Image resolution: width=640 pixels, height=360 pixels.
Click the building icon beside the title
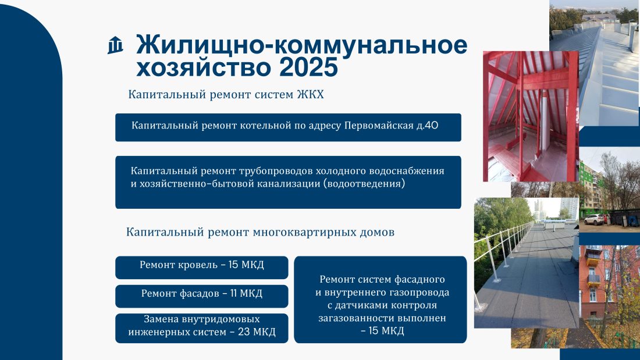point(115,45)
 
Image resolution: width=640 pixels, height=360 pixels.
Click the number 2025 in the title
point(308,67)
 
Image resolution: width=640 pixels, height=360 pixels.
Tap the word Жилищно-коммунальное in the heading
point(301,45)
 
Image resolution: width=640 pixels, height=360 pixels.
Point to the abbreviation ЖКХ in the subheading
point(310,94)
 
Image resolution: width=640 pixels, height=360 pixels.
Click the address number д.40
point(428,125)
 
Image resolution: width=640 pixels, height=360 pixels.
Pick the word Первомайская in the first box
point(379,125)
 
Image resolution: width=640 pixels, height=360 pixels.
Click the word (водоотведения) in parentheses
point(364,184)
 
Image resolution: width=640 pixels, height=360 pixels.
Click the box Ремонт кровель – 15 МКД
point(202,268)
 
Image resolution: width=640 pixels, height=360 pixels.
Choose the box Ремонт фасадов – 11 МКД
point(202,296)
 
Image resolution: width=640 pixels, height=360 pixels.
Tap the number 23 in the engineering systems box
point(244,332)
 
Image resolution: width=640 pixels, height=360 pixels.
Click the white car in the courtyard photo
point(595,220)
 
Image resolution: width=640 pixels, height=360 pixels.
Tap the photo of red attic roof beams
point(531,116)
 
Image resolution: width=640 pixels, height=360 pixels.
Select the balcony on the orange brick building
point(593,279)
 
